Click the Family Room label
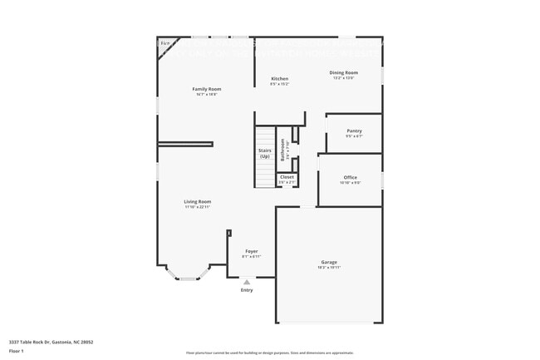point(207,88)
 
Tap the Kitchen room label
point(279,79)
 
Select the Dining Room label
point(345,73)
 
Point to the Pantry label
point(354,131)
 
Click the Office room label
point(350,177)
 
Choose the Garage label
point(329,262)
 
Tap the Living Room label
point(198,201)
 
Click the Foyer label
point(251,251)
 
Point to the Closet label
point(287,176)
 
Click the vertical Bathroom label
point(283,149)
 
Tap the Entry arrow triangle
point(246,282)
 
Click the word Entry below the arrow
point(247,290)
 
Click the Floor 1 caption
point(17,352)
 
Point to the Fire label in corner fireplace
point(164,42)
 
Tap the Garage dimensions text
point(330,268)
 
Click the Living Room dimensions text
point(198,206)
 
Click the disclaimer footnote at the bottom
point(269,353)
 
